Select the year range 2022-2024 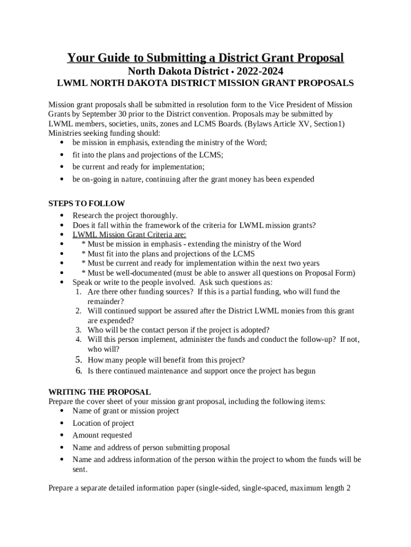point(260,71)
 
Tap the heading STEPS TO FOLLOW point(86,204)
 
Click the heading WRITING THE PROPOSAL point(99,392)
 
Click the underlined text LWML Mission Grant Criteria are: point(129,235)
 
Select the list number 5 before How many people point(78,360)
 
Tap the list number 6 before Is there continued point(78,371)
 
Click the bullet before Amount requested point(63,436)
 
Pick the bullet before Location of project point(63,424)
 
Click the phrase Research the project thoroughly point(125,215)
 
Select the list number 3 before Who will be point(78,330)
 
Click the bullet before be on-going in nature point(63,180)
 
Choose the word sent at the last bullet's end point(79,470)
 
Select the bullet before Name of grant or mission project point(63,411)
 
